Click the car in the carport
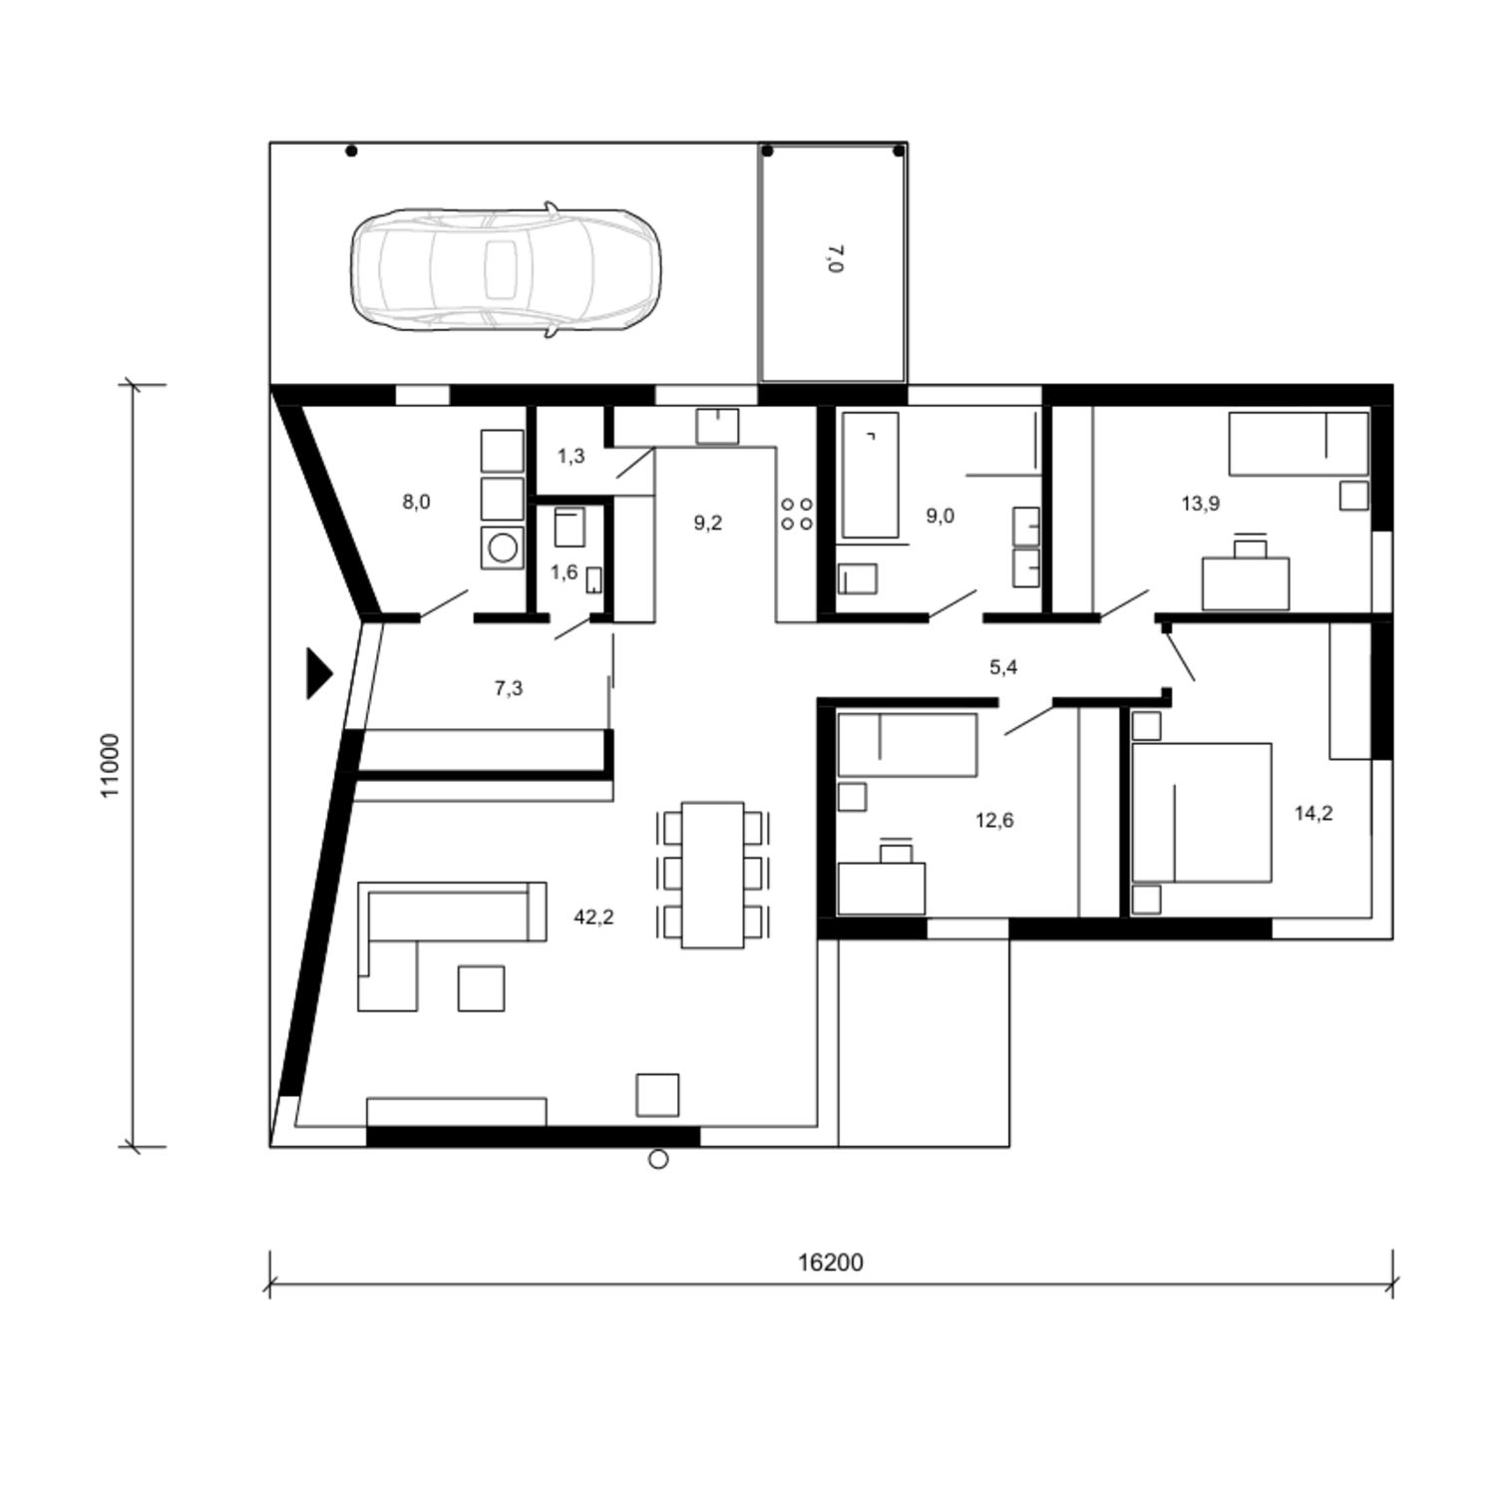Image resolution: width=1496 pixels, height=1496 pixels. [505, 269]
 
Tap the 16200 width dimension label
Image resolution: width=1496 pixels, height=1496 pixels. [830, 1263]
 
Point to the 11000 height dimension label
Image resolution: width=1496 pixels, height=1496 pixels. [110, 765]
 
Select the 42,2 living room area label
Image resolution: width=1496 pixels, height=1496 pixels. [593, 918]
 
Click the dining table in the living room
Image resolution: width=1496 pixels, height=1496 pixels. [712, 875]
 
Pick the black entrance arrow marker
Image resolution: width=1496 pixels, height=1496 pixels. [318, 673]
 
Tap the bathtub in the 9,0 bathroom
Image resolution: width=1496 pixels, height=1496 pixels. [870, 475]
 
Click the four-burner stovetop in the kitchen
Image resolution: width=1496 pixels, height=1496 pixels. [797, 515]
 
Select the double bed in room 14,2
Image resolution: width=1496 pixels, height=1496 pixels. [1202, 812]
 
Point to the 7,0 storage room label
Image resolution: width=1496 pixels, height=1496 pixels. [835, 258]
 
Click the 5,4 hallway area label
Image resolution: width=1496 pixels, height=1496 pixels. [1003, 667]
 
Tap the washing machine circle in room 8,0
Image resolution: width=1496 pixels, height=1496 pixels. [504, 547]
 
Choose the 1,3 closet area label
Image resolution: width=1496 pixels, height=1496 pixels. [570, 457]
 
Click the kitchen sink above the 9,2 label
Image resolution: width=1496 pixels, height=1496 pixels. [717, 426]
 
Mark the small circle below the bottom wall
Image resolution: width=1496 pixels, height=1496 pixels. [658, 1160]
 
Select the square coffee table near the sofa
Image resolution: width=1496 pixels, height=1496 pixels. [481, 988]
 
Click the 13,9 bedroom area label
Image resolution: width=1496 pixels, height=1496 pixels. [1201, 504]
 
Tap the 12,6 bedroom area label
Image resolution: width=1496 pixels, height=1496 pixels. [994, 821]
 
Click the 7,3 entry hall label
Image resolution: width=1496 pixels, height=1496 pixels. [509, 688]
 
